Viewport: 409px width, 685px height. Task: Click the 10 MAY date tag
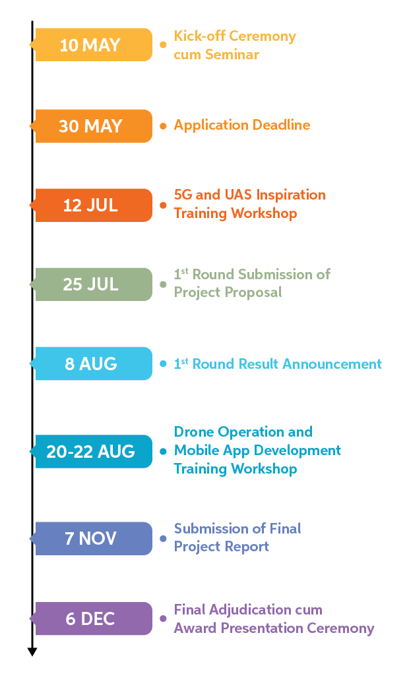91,45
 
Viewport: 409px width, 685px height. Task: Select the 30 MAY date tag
91,126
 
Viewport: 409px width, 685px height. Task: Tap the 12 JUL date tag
91,205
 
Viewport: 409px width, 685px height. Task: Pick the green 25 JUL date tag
91,284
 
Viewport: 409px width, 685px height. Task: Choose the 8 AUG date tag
91,364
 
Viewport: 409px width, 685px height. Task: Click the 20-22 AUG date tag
91,451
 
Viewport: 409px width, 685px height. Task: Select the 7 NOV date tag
91,538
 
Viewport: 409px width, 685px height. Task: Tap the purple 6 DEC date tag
91,618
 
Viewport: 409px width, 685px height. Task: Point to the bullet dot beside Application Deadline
163,125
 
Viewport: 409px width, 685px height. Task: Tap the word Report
248,547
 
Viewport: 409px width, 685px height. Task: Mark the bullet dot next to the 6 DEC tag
163,618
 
